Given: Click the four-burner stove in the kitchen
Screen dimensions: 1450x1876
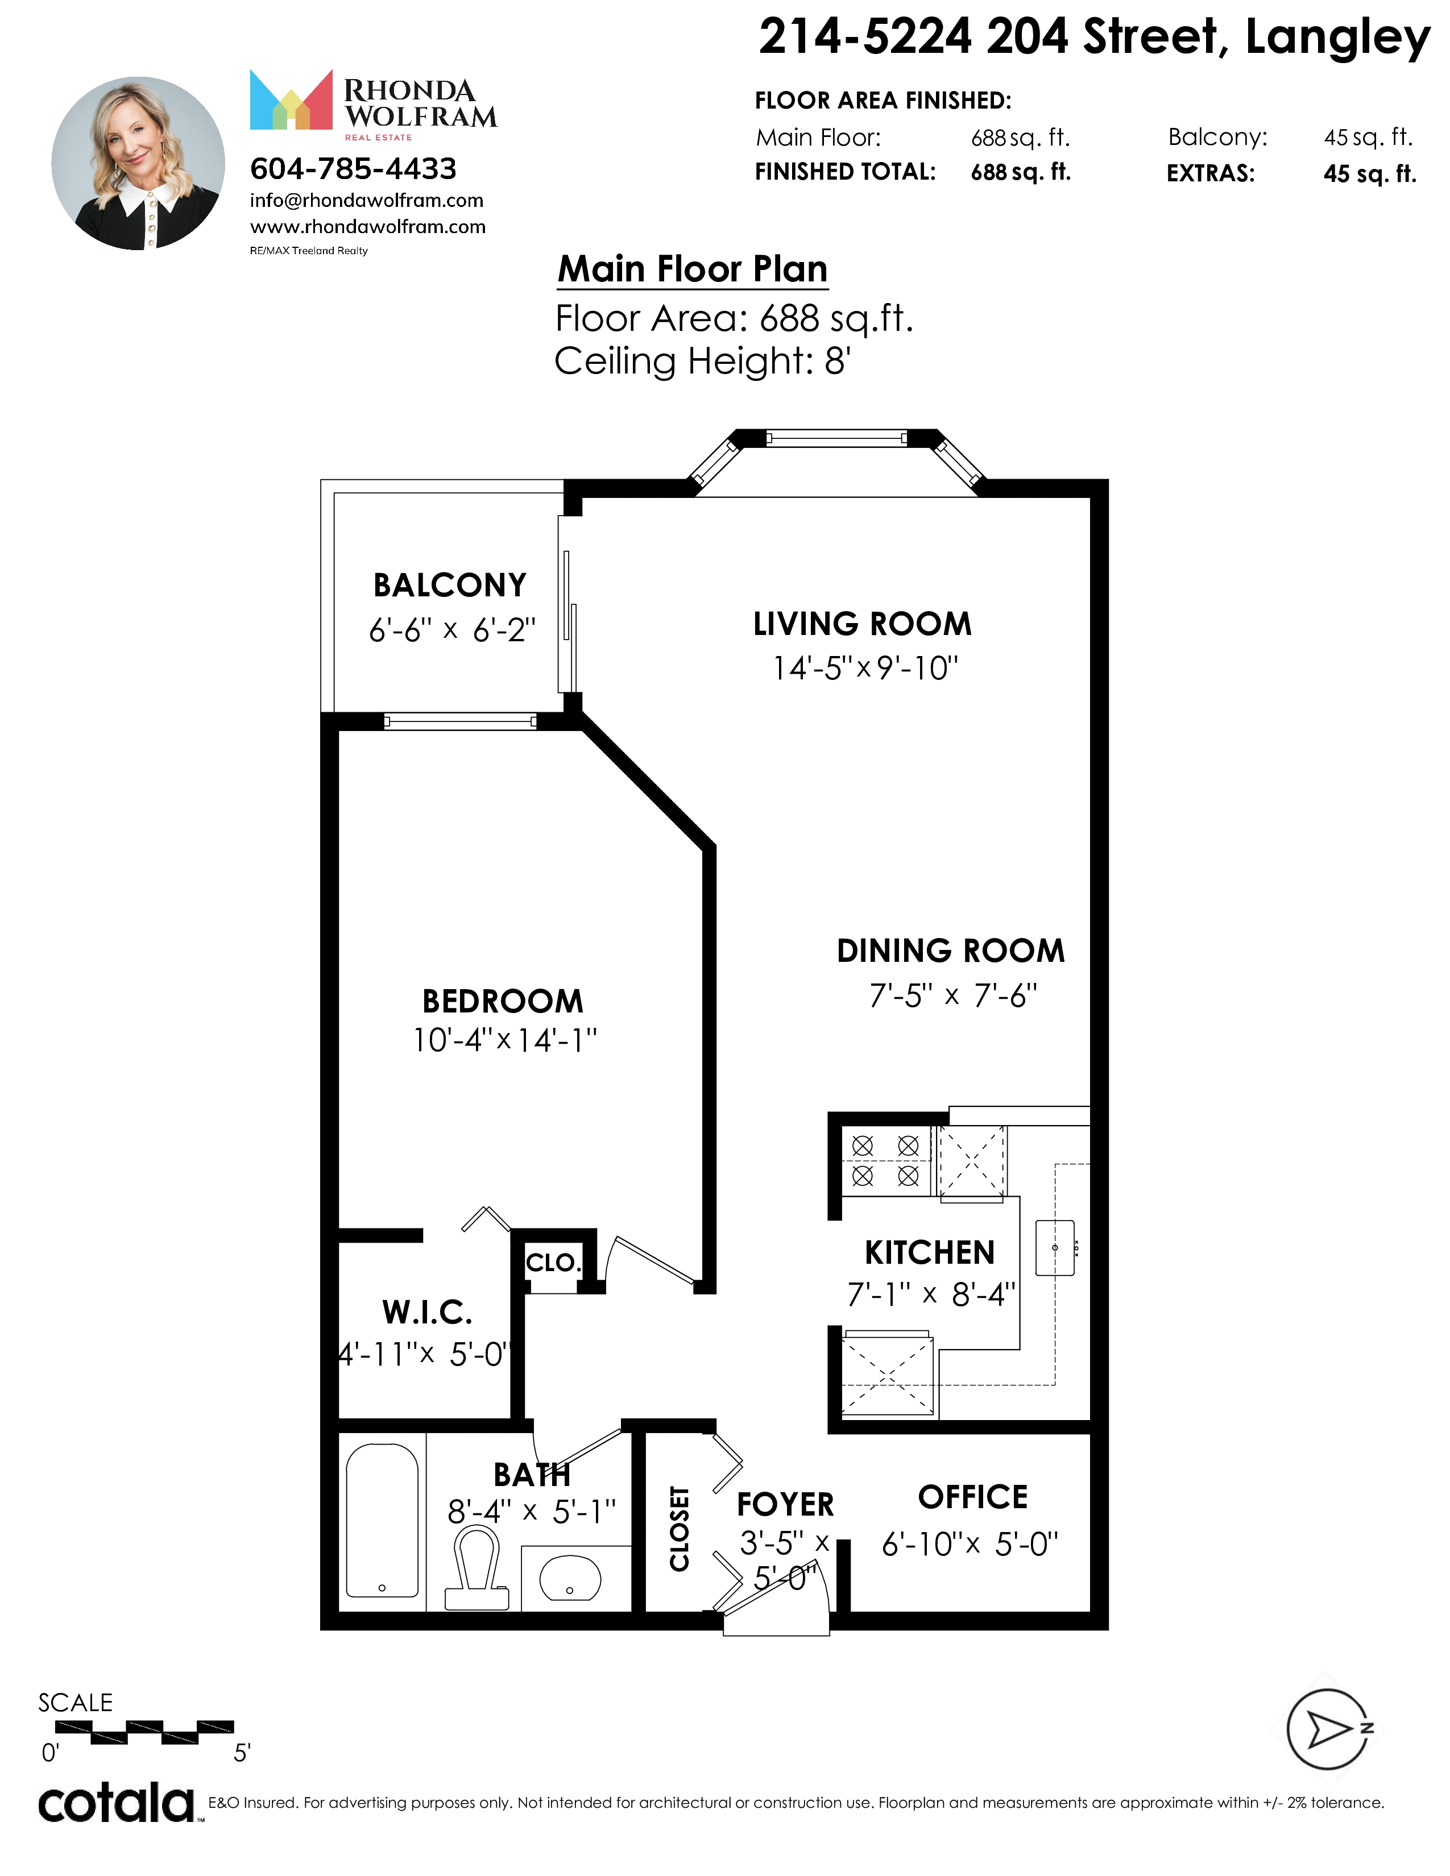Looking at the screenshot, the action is [885, 1160].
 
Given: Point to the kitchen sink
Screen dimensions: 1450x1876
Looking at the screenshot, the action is [1055, 1247].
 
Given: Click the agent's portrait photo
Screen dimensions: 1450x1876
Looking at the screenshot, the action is [138, 163].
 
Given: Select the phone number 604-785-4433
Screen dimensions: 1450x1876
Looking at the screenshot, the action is [353, 169].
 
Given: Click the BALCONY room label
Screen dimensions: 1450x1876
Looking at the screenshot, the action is [449, 585].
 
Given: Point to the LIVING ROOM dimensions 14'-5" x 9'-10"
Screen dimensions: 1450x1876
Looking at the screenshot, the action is [865, 667].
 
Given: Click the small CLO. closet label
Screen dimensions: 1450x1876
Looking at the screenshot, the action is [554, 1263].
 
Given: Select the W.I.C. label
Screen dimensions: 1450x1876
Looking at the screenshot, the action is [427, 1313].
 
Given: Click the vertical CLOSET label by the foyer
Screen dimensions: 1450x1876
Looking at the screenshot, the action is [680, 1529].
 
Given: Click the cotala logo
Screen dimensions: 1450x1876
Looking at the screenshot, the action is [117, 1804].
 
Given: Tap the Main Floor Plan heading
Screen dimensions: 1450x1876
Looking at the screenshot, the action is [693, 269].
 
